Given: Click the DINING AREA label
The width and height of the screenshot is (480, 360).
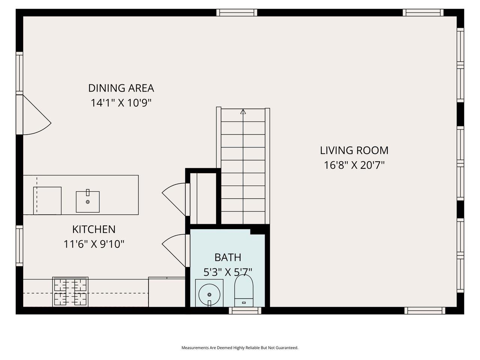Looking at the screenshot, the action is [x=121, y=88].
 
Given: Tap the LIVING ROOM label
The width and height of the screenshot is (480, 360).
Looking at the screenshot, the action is [x=354, y=150].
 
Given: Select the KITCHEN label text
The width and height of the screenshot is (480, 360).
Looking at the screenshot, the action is [x=94, y=229].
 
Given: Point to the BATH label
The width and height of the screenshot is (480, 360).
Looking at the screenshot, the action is [x=228, y=257].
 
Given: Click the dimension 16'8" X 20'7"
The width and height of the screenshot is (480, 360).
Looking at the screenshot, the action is [x=354, y=165].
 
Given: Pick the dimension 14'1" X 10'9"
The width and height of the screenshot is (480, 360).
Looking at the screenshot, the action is [x=121, y=103].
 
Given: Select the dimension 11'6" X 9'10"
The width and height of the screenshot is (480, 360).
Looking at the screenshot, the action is [x=94, y=244].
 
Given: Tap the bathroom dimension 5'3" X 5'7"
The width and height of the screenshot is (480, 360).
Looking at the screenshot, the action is [x=228, y=272].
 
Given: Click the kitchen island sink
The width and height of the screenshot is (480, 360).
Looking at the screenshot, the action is [x=88, y=201].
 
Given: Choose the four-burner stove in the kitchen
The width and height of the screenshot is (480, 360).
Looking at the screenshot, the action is [x=70, y=292].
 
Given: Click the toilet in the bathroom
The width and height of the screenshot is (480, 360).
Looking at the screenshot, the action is [x=244, y=291].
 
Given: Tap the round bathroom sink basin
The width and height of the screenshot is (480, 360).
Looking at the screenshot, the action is [x=209, y=294].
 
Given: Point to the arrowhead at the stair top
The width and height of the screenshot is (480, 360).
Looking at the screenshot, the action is [x=243, y=111].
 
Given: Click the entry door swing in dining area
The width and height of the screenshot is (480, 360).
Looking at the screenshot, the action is [x=37, y=115].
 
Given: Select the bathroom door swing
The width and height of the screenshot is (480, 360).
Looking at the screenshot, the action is [x=174, y=250].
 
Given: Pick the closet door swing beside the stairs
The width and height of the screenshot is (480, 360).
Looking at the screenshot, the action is [x=174, y=199].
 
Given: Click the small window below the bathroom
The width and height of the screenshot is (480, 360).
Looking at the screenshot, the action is [x=245, y=310].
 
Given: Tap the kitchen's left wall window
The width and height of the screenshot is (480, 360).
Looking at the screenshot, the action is [x=19, y=246].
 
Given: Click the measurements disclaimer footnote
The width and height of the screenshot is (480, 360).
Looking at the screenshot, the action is [x=240, y=348].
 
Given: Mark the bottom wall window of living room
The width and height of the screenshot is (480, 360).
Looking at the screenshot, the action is [x=424, y=310].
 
